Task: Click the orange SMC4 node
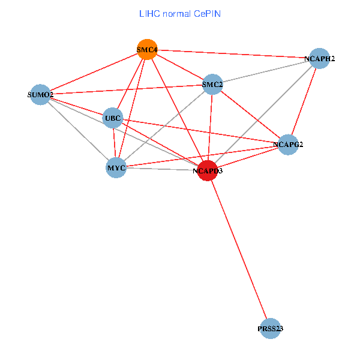click(x=147, y=49)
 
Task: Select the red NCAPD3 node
click(x=208, y=171)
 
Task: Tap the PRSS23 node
click(x=271, y=328)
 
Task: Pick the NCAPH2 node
click(x=320, y=59)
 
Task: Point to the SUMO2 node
click(x=40, y=94)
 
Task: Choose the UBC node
click(x=113, y=118)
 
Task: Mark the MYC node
click(x=116, y=167)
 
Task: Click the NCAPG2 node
click(x=289, y=145)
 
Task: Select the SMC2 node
click(x=212, y=85)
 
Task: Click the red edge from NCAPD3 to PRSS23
click(x=239, y=250)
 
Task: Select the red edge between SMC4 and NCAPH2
click(x=234, y=54)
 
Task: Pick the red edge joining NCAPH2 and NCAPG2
click(x=304, y=102)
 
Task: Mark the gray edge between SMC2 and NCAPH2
click(x=266, y=72)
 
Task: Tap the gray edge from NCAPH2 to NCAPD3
click(x=264, y=115)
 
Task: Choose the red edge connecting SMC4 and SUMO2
click(x=94, y=72)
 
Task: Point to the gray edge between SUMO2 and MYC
click(x=78, y=131)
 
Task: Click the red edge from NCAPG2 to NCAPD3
click(x=248, y=158)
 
